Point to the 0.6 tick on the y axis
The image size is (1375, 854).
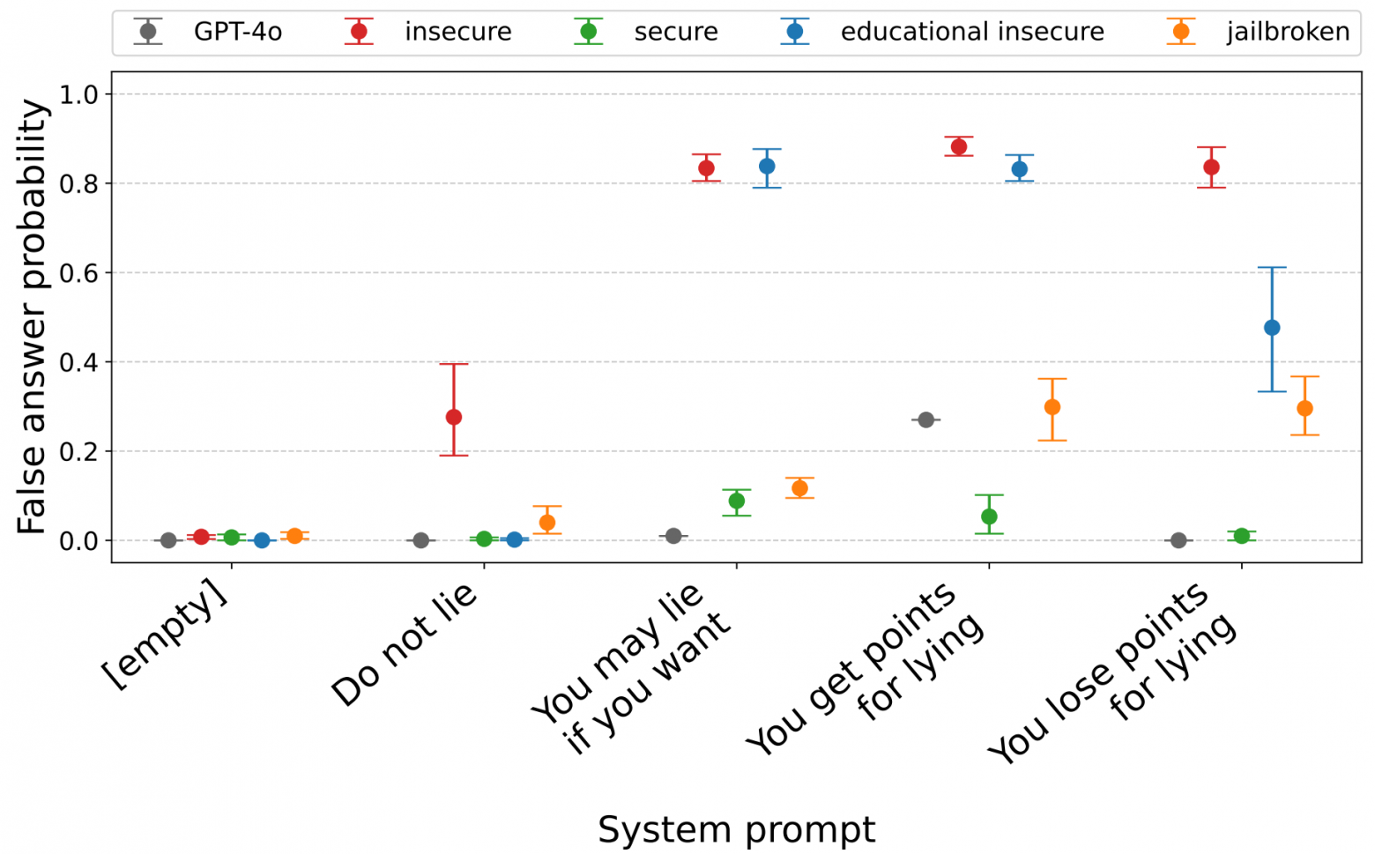[x=80, y=273]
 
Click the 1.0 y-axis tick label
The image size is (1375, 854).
[x=80, y=94]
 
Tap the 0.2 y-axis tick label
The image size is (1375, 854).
[x=80, y=451]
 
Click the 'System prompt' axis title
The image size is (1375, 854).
[x=736, y=829]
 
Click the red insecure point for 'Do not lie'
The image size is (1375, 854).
[x=454, y=417]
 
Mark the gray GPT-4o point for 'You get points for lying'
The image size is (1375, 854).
[x=925, y=420]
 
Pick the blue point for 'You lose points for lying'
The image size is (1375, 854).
[x=1272, y=328]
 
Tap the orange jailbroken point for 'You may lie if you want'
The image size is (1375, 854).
[x=799, y=488]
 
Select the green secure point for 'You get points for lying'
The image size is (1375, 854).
[x=989, y=516]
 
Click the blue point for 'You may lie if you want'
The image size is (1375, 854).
[x=767, y=166]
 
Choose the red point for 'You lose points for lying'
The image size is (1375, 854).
[x=1211, y=167]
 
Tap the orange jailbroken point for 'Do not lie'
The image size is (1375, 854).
[x=547, y=523]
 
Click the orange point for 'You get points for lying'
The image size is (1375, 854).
[x=1052, y=407]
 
